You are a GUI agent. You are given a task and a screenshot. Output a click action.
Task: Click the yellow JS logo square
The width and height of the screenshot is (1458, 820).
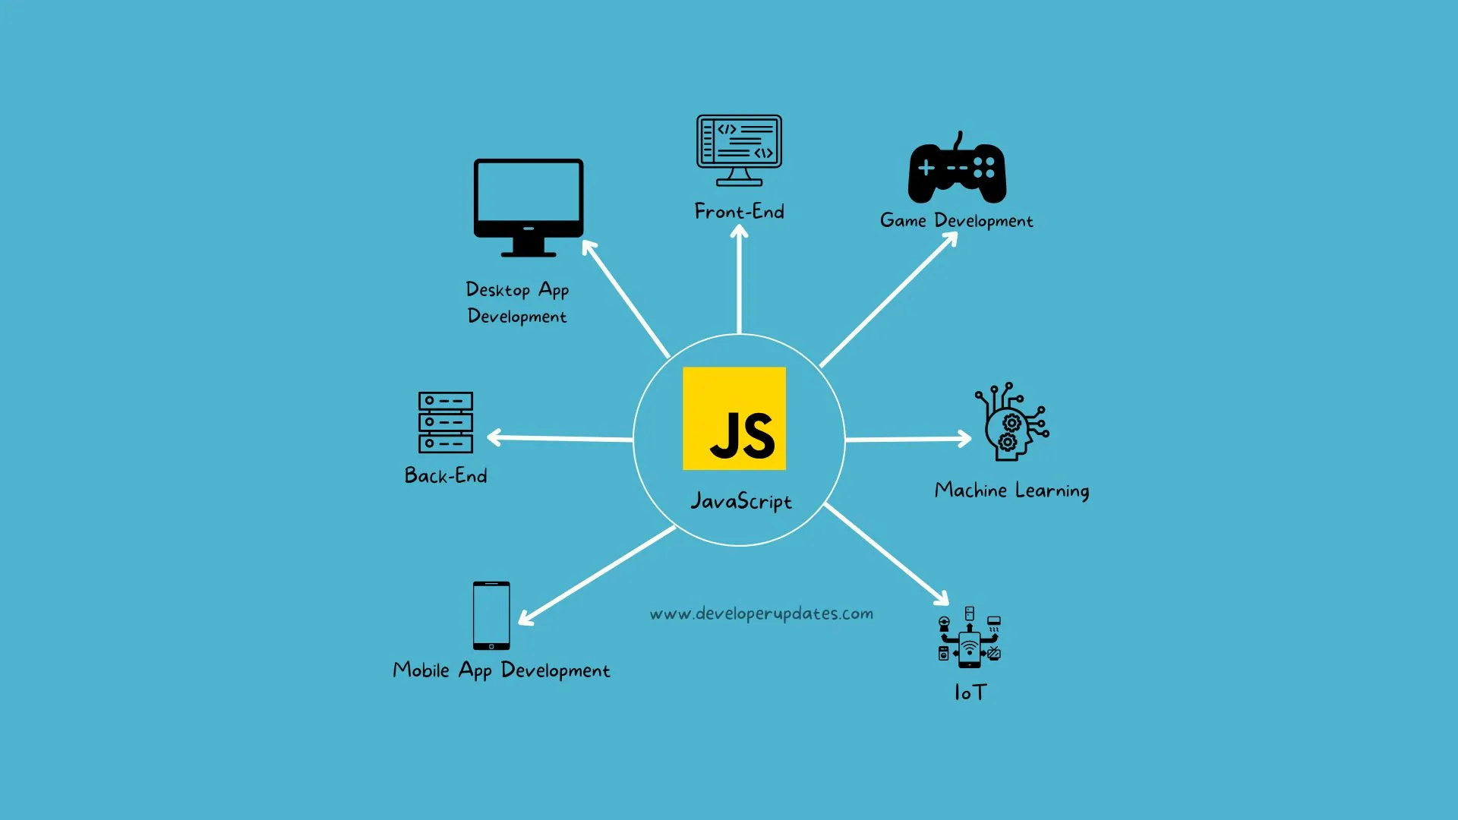[734, 418]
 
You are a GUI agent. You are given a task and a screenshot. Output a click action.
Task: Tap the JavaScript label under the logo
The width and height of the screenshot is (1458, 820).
[741, 501]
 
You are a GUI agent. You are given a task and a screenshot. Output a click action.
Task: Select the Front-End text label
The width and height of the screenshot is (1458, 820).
[740, 211]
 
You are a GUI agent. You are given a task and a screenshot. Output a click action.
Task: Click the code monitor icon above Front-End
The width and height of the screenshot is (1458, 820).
[739, 150]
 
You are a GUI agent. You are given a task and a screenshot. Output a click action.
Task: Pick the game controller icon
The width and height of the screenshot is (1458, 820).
[958, 169]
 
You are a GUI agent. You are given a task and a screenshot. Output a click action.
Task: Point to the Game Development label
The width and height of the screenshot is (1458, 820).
[957, 221]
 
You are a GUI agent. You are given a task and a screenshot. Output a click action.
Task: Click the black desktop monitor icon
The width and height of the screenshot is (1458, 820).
[529, 207]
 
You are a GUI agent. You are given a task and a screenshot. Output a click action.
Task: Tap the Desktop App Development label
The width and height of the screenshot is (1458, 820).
[517, 302]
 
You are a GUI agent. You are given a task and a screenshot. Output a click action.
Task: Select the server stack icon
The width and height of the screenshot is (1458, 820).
[446, 422]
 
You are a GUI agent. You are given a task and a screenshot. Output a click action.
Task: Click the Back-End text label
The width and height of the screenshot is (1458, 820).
[446, 475]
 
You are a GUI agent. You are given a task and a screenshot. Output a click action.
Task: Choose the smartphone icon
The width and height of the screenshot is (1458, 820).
[491, 616]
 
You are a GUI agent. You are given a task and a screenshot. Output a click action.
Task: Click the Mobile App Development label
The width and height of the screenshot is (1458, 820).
[501, 670]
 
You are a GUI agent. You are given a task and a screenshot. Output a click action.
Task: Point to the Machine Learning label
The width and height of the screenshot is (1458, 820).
[1012, 490]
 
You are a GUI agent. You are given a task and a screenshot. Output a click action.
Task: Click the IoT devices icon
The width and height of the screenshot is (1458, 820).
[970, 637]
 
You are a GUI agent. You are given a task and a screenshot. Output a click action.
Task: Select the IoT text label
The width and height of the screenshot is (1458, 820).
[970, 692]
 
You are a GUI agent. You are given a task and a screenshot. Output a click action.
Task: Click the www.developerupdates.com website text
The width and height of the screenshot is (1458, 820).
[762, 613]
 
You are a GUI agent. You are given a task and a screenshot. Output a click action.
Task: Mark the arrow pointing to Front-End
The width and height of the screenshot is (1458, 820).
[740, 279]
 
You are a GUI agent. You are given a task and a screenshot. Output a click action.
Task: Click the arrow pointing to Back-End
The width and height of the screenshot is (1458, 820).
[560, 438]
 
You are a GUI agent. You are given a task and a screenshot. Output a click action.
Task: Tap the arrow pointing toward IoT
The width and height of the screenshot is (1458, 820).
[887, 554]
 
